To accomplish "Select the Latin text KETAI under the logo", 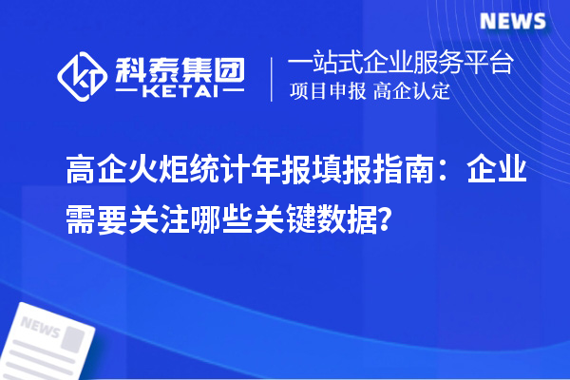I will (x=180, y=93).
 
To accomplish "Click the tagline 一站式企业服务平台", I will (x=400, y=65).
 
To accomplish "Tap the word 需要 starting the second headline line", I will (x=95, y=218).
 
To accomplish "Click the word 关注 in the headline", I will (x=160, y=218).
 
